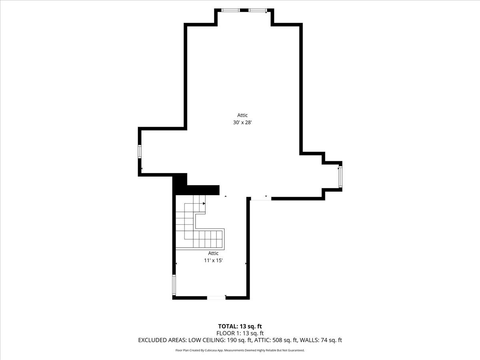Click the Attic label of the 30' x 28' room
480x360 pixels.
(242, 115)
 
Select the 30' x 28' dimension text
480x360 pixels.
(242, 123)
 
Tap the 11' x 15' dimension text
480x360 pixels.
(213, 260)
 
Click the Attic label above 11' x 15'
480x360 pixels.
(213, 253)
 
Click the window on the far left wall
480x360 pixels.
(140, 152)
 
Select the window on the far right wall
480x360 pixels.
(340, 177)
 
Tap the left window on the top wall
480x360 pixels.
(231, 10)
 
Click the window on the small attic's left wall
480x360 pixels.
(174, 285)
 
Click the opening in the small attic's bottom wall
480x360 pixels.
(216, 298)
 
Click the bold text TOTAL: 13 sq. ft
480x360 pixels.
(240, 326)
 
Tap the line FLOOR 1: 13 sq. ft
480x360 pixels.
(240, 333)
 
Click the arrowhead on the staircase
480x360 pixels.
(204, 204)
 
